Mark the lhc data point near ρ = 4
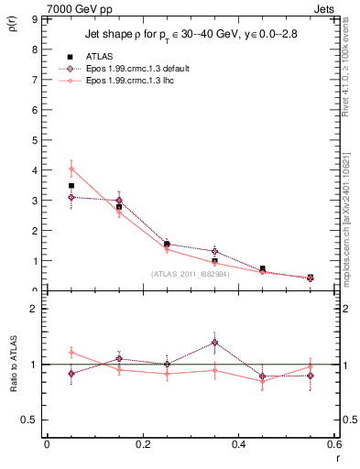point(71,169)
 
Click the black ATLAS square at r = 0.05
point(71,185)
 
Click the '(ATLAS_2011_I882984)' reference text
point(190,274)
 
